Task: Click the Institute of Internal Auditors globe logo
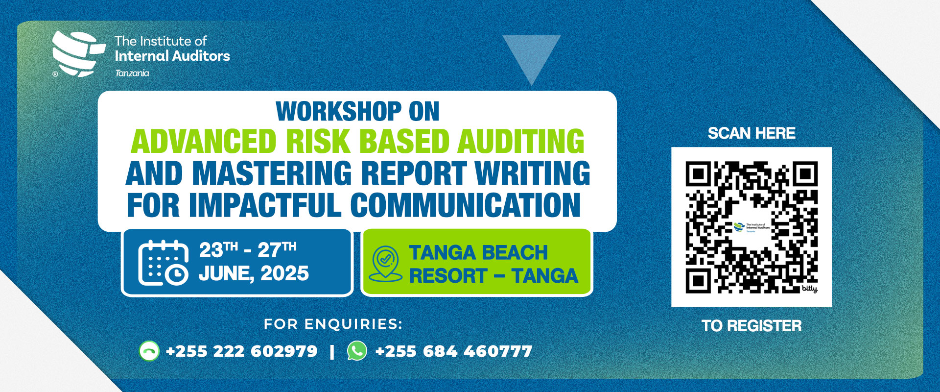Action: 78,54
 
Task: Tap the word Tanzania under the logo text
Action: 132,73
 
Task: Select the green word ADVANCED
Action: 204,141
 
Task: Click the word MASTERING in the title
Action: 272,173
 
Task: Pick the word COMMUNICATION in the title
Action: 466,205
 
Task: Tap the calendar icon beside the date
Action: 164,263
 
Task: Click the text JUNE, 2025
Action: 254,273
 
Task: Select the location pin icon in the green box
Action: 385,264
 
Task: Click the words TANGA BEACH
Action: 478,253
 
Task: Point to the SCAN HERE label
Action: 752,133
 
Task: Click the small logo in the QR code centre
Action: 752,227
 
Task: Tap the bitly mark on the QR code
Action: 809,289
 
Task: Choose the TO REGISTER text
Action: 752,326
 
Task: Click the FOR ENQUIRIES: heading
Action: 333,324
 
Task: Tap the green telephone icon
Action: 149,351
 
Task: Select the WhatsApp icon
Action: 357,351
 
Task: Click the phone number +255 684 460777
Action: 453,351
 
